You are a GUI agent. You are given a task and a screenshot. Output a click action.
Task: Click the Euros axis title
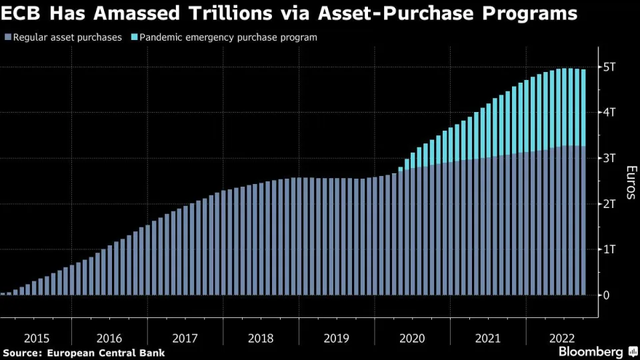point(629,181)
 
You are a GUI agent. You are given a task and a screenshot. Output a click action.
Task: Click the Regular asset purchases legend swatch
point(7,37)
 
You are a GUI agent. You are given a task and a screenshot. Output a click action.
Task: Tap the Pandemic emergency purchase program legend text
point(228,37)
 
